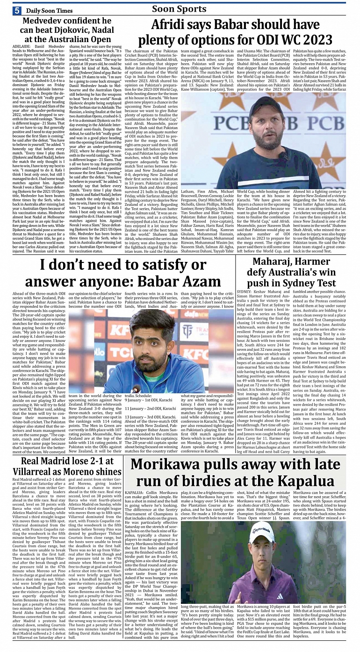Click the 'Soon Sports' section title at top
(x=179, y=8)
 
